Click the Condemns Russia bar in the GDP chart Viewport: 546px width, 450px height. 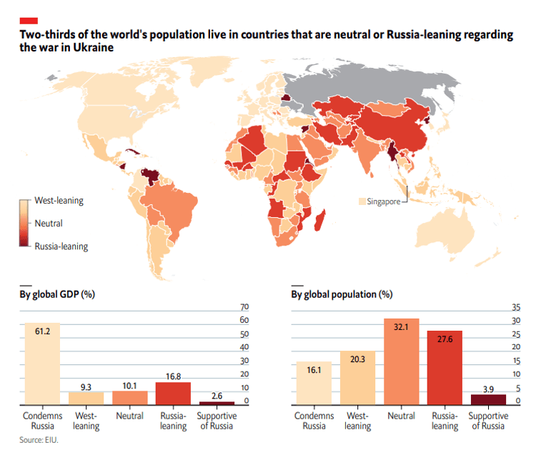(42, 364)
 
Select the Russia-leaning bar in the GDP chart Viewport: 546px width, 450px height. (173, 394)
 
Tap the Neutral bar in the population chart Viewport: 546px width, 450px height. (402, 361)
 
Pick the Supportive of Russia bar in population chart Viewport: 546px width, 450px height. (489, 399)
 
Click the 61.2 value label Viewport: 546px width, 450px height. (42, 331)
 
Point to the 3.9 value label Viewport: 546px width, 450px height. (489, 389)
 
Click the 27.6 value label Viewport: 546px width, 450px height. (445, 339)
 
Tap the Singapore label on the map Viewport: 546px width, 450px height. (383, 201)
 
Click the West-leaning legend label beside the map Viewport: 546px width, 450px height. (59, 201)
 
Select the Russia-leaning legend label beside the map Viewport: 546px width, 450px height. (61, 246)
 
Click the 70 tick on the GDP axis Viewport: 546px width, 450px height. (244, 307)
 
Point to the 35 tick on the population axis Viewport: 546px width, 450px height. (516, 307)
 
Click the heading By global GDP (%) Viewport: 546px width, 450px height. (57, 294)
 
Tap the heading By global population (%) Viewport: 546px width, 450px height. (342, 294)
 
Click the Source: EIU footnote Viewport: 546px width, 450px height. (39, 440)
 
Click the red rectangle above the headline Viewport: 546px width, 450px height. (29, 21)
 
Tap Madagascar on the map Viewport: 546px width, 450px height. (319, 220)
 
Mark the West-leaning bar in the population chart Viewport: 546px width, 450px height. (358, 378)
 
